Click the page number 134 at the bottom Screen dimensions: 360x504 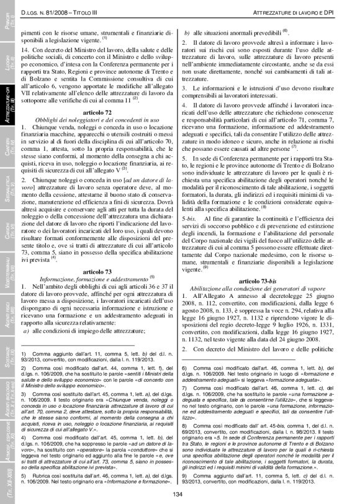click(178, 493)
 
